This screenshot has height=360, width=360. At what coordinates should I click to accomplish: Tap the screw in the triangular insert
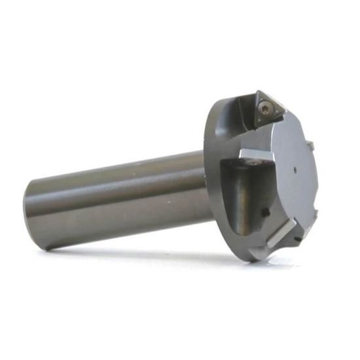click(x=264, y=108)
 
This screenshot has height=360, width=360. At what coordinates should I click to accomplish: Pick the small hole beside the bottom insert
click(x=300, y=239)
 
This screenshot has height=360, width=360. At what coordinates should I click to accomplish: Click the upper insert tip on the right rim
click(x=312, y=145)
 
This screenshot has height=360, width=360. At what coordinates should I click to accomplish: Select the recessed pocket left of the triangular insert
click(x=236, y=118)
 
